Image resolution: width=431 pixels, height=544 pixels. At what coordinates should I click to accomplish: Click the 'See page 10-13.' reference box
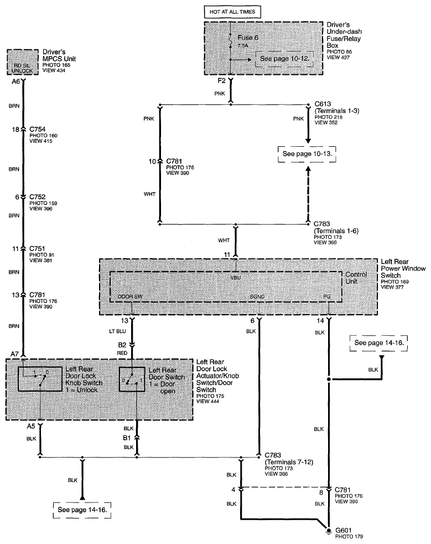coord(308,153)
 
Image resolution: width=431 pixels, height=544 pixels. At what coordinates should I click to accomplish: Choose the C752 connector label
coord(37,196)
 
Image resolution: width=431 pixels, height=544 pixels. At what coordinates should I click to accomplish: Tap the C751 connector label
coord(37,249)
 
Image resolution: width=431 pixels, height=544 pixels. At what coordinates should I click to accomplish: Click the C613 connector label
coord(324,104)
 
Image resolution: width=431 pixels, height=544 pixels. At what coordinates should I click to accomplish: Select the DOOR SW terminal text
coord(131,296)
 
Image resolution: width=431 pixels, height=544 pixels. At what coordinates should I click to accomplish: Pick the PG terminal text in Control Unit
coord(327,296)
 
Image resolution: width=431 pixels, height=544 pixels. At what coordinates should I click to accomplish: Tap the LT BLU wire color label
coord(122,332)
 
